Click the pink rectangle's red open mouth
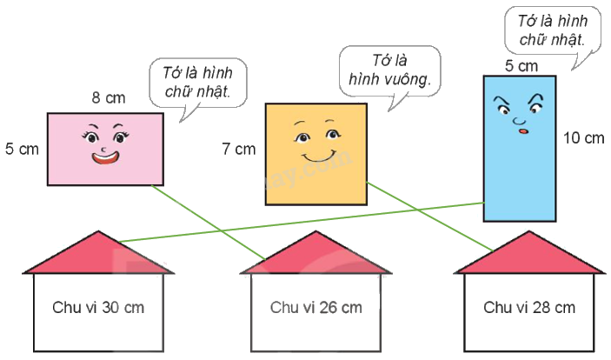click(104, 157)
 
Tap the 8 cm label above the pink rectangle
click(109, 98)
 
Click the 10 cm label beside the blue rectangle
click(582, 137)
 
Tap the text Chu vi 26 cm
click(315, 307)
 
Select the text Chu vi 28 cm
click(529, 307)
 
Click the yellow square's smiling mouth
click(316, 158)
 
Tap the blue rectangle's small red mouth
click(523, 131)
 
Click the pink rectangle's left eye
click(91, 137)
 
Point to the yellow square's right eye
click(331, 137)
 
